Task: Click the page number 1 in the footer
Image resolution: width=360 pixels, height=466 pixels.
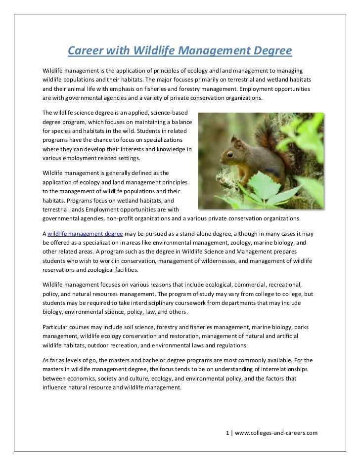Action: [x=227, y=433]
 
